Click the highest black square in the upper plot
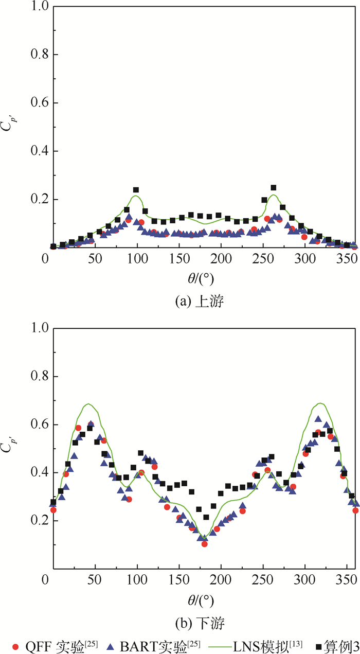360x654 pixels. coord(274,188)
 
